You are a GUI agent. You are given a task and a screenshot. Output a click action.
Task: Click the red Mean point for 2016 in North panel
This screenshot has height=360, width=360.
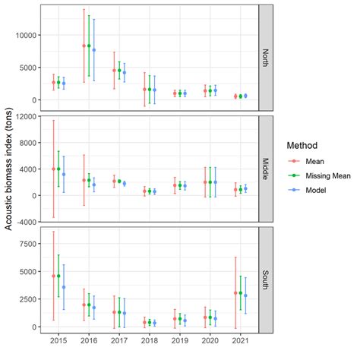tap(84, 46)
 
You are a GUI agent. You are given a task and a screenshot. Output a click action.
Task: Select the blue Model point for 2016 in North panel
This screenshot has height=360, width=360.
tap(94, 50)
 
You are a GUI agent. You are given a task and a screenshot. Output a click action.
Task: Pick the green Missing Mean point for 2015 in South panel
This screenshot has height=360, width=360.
tap(58, 276)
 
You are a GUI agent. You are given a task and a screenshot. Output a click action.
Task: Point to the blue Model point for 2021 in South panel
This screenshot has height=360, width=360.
tap(245, 295)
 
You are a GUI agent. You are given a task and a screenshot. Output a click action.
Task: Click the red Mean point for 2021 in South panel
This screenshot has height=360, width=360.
tap(235, 292)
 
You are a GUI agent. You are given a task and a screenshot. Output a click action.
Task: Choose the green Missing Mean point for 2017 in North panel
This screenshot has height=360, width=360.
tap(119, 70)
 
